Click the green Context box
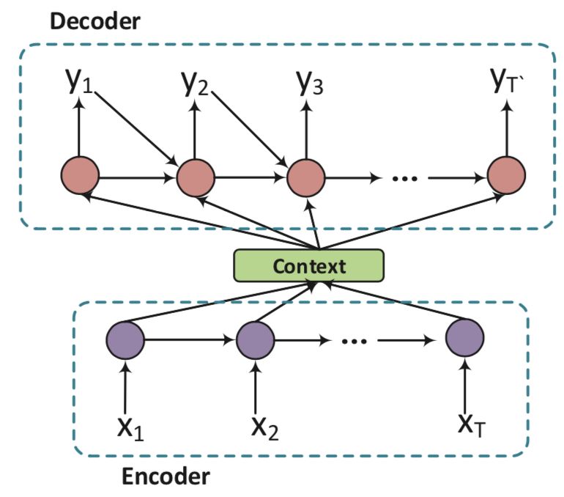[308, 265]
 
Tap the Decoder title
[95, 21]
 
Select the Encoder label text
[166, 476]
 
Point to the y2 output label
[195, 83]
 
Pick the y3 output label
[310, 83]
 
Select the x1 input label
[130, 428]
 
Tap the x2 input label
[265, 428]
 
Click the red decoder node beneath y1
[80, 176]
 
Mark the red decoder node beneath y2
[196, 177]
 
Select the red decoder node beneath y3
[306, 177]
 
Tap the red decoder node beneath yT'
[506, 176]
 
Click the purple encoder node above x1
[125, 340]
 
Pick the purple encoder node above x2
[256, 340]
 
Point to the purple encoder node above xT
[464, 338]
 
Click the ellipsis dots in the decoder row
[404, 178]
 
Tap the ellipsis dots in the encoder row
[355, 341]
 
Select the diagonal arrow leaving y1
[136, 128]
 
